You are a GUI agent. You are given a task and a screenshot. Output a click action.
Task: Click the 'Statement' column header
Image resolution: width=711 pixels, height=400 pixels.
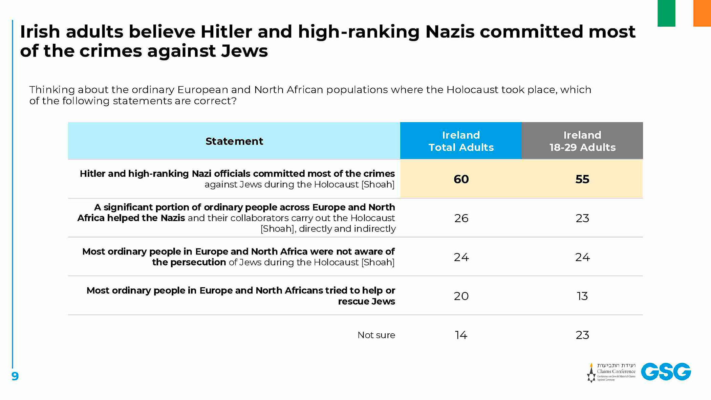click(x=234, y=141)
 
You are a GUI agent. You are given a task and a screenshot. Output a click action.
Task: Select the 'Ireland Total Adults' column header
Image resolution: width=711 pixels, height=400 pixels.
click(x=461, y=141)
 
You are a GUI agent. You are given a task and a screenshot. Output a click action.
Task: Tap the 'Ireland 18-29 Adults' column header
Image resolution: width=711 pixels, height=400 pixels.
click(x=582, y=141)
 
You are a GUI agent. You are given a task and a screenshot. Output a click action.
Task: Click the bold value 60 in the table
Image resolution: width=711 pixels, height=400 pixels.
click(x=461, y=179)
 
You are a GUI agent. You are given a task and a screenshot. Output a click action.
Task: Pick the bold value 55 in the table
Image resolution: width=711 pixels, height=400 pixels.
click(x=582, y=179)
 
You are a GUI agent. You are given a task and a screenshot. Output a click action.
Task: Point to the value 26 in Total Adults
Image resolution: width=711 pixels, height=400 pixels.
click(x=461, y=218)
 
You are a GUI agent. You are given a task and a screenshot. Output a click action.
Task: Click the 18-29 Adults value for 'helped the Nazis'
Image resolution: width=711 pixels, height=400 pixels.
click(x=582, y=218)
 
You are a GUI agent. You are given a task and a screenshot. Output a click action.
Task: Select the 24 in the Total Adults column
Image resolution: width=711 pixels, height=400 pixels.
click(x=461, y=257)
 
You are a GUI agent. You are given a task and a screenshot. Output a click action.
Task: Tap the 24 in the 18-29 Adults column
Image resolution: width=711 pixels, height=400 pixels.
click(x=582, y=257)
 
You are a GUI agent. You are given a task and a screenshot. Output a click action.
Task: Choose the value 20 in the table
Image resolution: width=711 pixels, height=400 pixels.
click(x=461, y=296)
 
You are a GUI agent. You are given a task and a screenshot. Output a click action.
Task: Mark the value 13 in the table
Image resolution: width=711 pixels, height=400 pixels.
click(x=582, y=296)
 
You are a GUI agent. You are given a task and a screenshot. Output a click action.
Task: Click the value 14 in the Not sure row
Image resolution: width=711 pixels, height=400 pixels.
click(x=461, y=335)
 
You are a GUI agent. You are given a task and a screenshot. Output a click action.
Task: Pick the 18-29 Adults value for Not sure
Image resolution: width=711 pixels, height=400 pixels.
click(x=582, y=335)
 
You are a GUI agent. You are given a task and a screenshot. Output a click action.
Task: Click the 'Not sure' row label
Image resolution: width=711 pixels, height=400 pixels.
click(x=376, y=335)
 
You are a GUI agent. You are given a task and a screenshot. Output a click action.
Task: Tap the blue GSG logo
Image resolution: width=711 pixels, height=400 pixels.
click(x=666, y=372)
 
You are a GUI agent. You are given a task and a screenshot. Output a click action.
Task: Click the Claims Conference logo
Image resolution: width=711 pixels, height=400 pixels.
click(x=611, y=372)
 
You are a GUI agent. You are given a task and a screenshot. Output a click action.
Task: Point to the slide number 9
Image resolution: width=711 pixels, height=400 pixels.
click(x=15, y=376)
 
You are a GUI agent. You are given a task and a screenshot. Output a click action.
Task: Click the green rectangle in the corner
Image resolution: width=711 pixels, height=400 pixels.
click(x=666, y=13)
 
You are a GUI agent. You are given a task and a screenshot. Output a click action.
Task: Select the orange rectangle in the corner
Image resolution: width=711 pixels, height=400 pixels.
click(x=702, y=13)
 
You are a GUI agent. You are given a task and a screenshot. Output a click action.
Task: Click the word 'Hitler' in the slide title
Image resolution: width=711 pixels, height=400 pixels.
click(x=226, y=32)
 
